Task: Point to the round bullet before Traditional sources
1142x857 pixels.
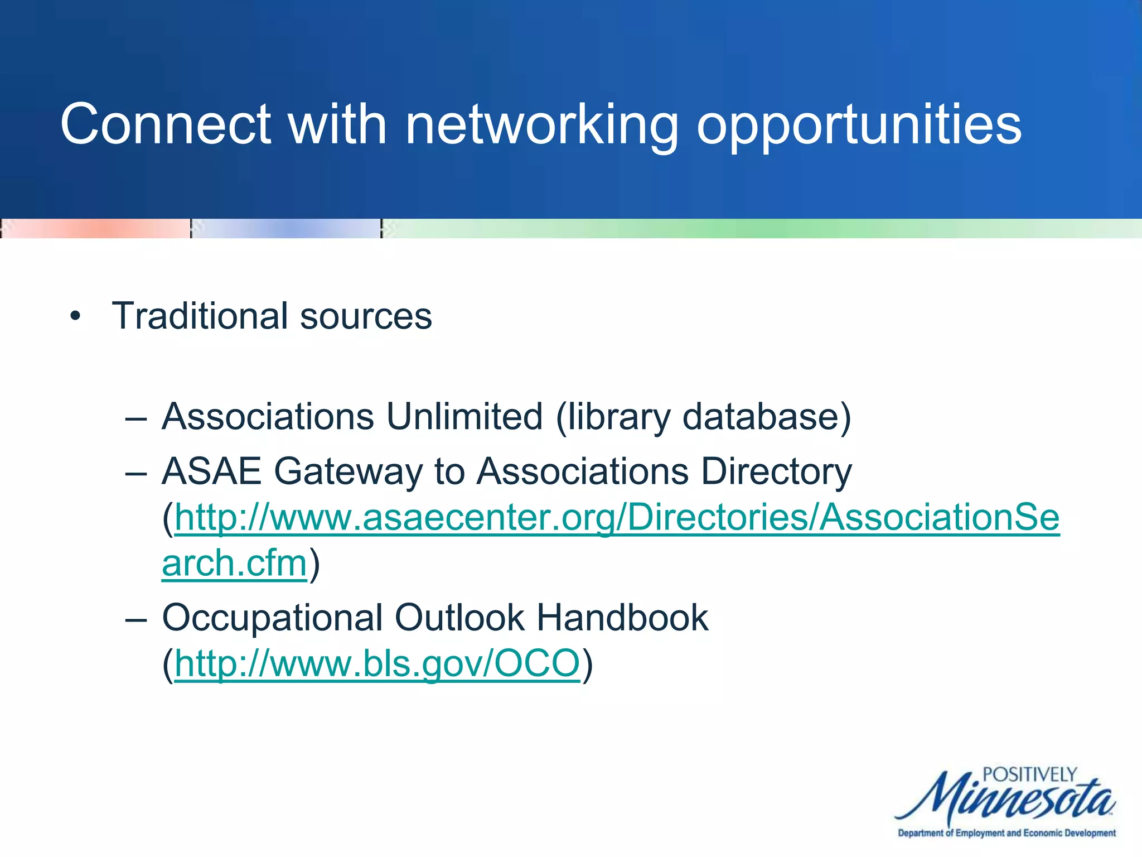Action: click(x=75, y=317)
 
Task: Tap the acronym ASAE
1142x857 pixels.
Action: click(x=211, y=471)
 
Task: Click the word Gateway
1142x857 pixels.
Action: click(x=349, y=471)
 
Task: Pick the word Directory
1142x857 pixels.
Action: click(x=776, y=471)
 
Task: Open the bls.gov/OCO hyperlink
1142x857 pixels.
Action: click(x=378, y=663)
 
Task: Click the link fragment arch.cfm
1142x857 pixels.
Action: click(x=234, y=563)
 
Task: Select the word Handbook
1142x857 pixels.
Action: click(x=622, y=618)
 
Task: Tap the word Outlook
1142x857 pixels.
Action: click(x=460, y=618)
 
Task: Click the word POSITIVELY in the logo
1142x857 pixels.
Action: click(x=1029, y=774)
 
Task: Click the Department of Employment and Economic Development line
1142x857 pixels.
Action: click(x=1006, y=833)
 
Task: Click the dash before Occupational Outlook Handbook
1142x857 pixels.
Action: click(x=136, y=619)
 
